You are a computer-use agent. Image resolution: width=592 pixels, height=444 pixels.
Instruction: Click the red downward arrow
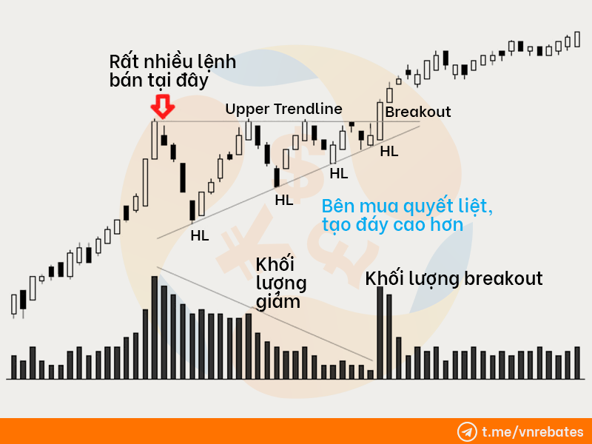pyautogui.click(x=163, y=107)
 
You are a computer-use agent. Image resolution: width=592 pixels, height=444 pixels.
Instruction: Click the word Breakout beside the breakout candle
pyautogui.click(x=418, y=112)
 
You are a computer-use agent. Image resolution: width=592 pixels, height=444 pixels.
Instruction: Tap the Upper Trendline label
pyautogui.click(x=283, y=109)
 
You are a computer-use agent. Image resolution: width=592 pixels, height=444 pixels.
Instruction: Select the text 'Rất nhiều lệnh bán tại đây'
pyautogui.click(x=172, y=71)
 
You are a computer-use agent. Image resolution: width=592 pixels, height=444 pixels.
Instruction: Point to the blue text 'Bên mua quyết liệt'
pyautogui.click(x=407, y=206)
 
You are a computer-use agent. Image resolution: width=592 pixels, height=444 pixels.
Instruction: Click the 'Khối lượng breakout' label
pyautogui.click(x=454, y=279)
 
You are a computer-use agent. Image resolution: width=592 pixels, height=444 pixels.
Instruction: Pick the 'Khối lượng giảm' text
pyautogui.click(x=281, y=283)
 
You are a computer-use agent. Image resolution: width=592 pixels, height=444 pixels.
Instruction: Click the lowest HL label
pyautogui.click(x=200, y=235)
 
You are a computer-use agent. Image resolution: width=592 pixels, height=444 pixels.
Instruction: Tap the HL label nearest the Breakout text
pyautogui.click(x=389, y=152)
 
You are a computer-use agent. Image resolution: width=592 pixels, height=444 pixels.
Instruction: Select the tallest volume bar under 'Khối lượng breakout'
pyautogui.click(x=380, y=332)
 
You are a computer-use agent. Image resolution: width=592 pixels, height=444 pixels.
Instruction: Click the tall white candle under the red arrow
pyautogui.click(x=155, y=139)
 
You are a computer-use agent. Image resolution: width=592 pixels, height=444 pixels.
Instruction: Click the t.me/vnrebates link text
pyautogui.click(x=532, y=431)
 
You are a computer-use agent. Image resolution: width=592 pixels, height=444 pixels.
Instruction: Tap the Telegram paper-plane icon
pyautogui.click(x=467, y=431)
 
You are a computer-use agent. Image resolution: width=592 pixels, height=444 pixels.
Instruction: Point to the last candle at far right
pyautogui.click(x=577, y=39)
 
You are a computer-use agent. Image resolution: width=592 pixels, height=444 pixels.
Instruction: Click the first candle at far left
pyautogui.click(x=14, y=305)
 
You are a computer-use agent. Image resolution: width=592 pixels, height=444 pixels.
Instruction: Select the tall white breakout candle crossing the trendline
pyautogui.click(x=380, y=121)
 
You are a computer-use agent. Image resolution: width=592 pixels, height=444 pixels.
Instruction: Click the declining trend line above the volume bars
pyautogui.click(x=265, y=314)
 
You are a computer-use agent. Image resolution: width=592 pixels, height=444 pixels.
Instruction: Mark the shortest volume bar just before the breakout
pyautogui.click(x=371, y=374)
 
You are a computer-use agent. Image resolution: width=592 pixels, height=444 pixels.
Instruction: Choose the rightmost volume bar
pyautogui.click(x=577, y=363)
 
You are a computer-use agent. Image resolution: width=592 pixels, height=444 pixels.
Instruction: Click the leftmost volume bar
pyautogui.click(x=14, y=367)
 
